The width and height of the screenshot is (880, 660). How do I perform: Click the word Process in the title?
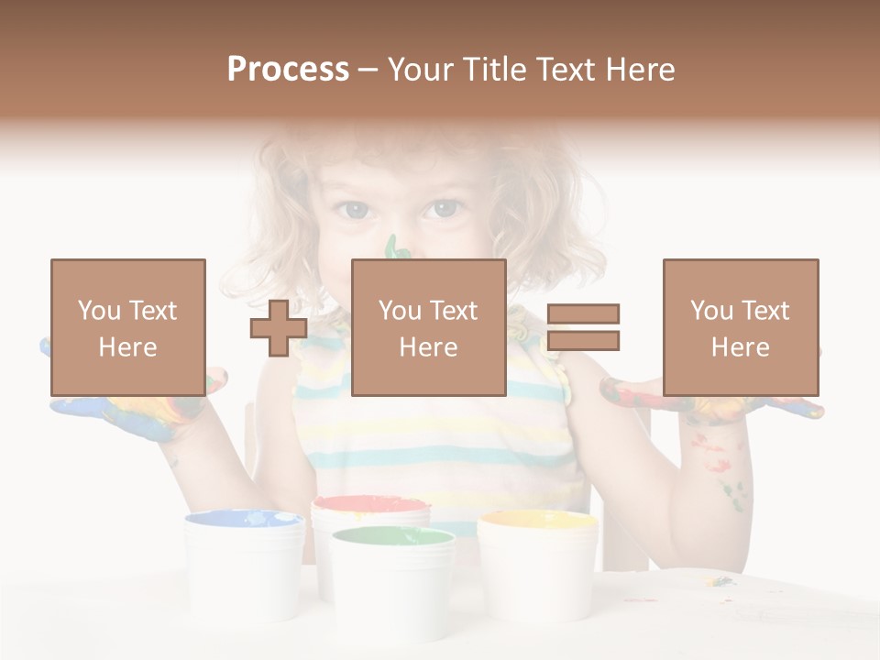(x=288, y=70)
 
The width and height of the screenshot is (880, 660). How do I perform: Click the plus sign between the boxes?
(x=279, y=328)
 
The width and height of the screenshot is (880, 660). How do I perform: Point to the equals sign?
(x=583, y=327)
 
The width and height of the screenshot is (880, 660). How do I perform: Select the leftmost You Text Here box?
(x=128, y=327)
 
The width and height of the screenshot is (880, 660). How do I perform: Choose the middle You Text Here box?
(x=428, y=327)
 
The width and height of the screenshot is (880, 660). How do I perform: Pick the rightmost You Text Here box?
(x=740, y=327)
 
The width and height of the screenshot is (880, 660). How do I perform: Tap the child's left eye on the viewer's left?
(x=353, y=211)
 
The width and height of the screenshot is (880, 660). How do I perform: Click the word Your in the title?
(x=424, y=70)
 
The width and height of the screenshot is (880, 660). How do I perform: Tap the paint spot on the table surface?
(x=720, y=580)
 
